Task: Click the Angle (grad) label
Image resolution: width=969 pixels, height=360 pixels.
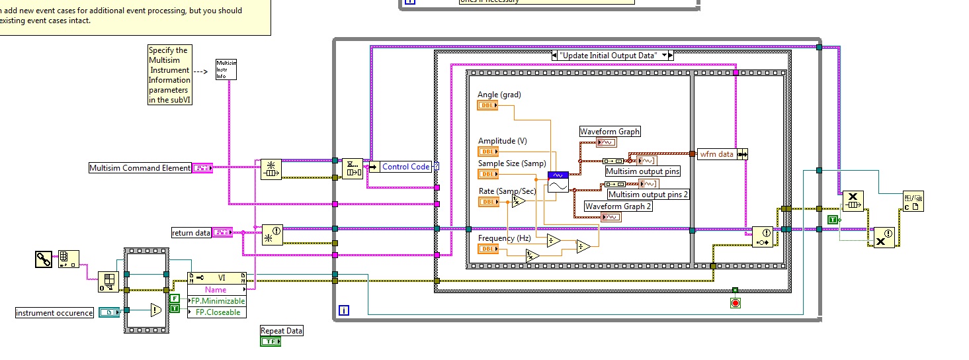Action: click(x=499, y=95)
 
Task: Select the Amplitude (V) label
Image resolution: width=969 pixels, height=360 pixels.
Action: click(x=503, y=140)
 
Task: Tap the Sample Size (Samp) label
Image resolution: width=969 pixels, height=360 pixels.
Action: click(x=512, y=163)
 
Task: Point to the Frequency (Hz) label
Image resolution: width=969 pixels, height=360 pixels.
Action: click(x=505, y=238)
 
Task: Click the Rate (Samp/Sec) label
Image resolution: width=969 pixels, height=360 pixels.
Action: click(x=507, y=191)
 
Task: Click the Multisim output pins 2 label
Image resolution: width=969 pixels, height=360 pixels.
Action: click(x=648, y=194)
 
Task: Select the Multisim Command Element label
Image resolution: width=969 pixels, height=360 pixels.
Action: click(x=140, y=168)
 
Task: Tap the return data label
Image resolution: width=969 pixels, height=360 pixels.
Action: click(x=191, y=232)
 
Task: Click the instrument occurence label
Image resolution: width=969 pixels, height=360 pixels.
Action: click(x=54, y=312)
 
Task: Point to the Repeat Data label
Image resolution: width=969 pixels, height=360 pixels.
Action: click(x=282, y=330)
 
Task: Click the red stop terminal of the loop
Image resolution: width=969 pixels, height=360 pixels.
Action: click(x=735, y=302)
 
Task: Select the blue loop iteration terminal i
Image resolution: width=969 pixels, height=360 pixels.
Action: click(x=344, y=310)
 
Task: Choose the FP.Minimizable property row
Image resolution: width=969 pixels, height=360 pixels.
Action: click(x=217, y=301)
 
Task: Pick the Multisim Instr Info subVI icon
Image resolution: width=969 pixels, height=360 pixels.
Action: click(x=226, y=69)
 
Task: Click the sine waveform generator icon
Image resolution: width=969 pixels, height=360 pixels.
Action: click(x=558, y=182)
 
